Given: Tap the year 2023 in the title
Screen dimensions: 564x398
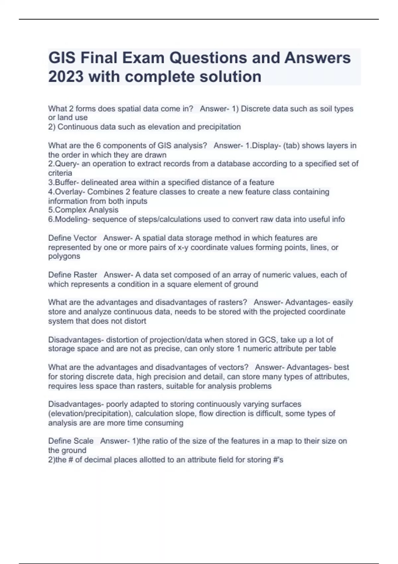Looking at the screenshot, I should (x=66, y=77).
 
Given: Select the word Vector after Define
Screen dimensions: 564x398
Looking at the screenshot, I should (x=85, y=238).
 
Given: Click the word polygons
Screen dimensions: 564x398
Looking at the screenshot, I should (x=64, y=256).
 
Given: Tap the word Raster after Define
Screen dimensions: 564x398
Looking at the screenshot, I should (x=85, y=275).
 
